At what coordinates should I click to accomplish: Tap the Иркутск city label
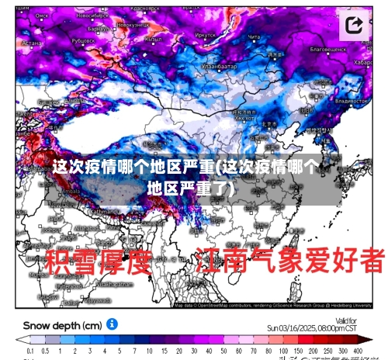tap(205, 35)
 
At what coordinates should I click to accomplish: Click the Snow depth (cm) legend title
tap(63, 324)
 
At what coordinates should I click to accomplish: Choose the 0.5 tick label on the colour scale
tap(44, 353)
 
